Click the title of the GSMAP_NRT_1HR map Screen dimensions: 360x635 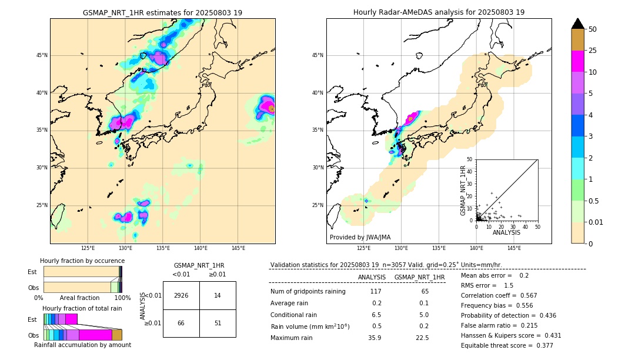pos(162,12)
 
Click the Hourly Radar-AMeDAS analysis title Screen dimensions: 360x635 pos(439,12)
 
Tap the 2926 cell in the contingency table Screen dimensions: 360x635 pos(181,295)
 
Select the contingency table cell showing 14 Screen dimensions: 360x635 pos(218,295)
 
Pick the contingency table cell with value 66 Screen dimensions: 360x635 pos(181,323)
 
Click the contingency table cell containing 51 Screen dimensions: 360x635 pos(218,323)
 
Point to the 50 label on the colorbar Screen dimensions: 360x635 pos(593,29)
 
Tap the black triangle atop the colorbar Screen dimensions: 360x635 pos(577,24)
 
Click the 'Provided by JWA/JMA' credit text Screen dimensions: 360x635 pos(360,237)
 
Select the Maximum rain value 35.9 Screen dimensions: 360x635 pos(375,338)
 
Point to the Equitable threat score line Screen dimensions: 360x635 pos(507,345)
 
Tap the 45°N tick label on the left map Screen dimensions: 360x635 pos(42,55)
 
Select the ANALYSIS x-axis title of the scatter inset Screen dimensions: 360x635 pos(506,232)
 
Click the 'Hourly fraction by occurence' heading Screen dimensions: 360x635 pos(82,261)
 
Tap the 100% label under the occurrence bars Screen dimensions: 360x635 pos(122,298)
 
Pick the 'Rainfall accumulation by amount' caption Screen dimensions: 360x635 pos(82,345)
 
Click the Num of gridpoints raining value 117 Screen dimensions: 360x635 pos(376,291)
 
